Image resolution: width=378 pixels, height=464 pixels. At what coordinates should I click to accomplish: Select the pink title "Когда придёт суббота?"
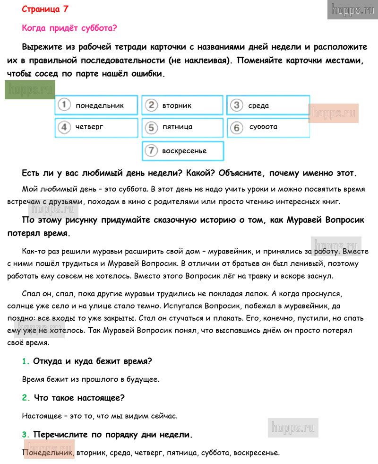coord(69,28)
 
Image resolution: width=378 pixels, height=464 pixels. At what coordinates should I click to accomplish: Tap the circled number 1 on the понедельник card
coord(64,105)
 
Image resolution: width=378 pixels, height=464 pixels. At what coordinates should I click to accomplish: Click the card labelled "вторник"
coord(182,105)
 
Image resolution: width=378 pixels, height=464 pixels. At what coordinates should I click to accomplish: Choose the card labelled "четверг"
coord(96,127)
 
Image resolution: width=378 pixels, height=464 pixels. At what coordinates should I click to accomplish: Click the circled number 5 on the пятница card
coord(151,127)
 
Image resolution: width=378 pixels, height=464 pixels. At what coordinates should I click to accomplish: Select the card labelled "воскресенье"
coord(183,151)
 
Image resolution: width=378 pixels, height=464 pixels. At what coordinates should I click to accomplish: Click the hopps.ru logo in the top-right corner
coord(352,10)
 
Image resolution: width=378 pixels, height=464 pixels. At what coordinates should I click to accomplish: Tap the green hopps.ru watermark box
coord(30,90)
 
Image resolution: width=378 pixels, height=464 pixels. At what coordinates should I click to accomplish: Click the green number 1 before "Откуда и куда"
coord(26,361)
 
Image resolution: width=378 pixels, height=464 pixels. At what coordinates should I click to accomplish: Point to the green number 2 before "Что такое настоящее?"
coord(26,398)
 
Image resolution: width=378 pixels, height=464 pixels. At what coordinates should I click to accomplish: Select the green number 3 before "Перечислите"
coord(26,434)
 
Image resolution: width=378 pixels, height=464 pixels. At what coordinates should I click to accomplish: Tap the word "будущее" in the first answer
coord(142,379)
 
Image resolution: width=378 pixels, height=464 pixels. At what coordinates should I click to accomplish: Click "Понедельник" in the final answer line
coord(48,453)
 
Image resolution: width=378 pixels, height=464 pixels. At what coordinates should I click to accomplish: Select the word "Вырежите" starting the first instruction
coord(43,48)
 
